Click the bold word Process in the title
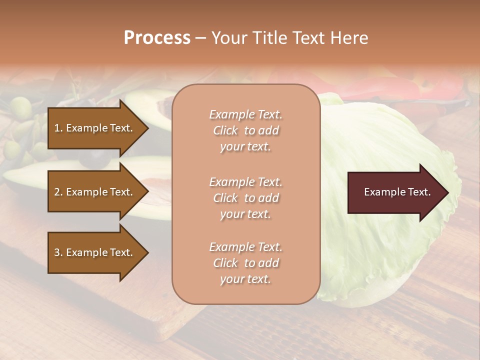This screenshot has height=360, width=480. pos(157,38)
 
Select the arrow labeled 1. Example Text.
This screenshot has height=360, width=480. pos(95,128)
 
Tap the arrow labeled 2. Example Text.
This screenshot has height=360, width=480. pos(95,192)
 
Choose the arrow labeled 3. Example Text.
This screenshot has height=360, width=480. pos(95,253)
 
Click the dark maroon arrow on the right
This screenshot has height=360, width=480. pos(395,192)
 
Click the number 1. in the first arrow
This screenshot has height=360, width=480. pos(58,128)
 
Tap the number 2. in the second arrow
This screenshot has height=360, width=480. pos(58,192)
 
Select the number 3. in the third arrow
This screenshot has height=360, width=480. pos(58,253)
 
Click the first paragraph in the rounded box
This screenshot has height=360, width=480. pos(245,130)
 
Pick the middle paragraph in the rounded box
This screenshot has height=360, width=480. pos(245,198)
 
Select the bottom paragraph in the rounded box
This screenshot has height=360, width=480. pos(245,263)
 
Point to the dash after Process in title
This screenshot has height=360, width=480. pos(200,38)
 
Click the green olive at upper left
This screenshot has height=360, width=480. pos(21,107)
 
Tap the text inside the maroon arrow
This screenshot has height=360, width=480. pos(397,192)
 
